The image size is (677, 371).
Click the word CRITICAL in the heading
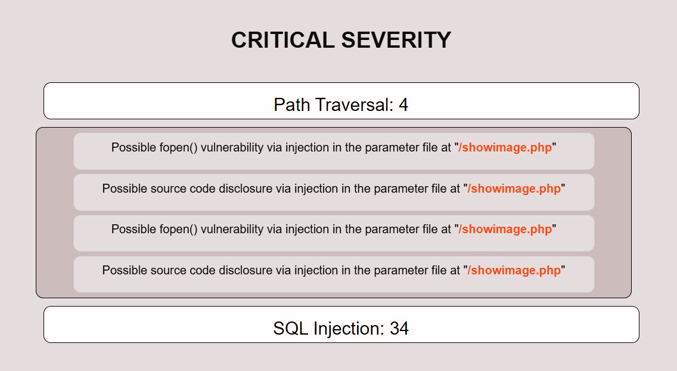(x=283, y=40)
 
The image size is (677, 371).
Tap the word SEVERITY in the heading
(x=396, y=40)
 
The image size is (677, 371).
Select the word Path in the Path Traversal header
(x=291, y=105)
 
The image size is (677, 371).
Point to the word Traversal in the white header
(x=354, y=105)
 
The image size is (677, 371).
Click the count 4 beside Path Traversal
(x=403, y=105)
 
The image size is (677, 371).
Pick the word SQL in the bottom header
(x=291, y=328)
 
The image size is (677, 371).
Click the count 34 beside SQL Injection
(x=399, y=328)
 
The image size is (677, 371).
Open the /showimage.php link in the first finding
(x=505, y=148)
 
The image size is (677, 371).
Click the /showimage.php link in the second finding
(x=514, y=188)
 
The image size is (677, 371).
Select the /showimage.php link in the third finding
(x=505, y=229)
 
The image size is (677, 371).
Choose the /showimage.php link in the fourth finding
(x=514, y=270)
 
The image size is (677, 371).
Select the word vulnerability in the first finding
(x=232, y=148)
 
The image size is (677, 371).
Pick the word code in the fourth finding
(x=203, y=270)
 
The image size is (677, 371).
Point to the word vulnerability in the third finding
(x=232, y=229)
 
